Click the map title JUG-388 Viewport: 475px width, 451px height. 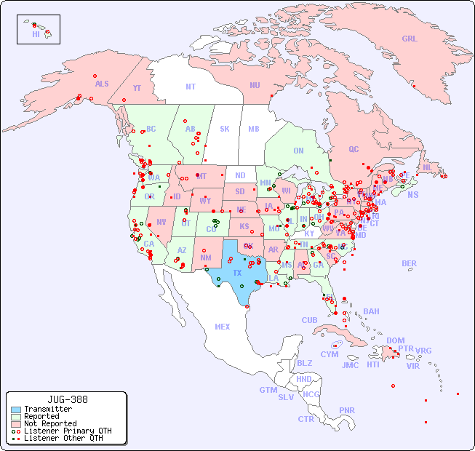67,399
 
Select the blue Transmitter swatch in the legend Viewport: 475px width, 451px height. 16,410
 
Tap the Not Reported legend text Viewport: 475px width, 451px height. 49,423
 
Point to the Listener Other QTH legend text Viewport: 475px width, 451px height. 63,438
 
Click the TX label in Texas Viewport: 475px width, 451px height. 236,273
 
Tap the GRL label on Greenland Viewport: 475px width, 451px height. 410,39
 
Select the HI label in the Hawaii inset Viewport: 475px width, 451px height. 36,34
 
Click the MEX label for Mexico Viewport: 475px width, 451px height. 222,327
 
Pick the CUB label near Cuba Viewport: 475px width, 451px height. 309,320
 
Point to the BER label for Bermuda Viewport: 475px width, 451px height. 409,263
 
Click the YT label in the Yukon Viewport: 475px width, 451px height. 137,88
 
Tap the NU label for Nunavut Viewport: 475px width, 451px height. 255,85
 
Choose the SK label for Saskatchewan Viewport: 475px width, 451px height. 225,129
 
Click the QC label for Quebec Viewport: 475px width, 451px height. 354,149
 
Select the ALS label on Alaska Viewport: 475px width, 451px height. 102,84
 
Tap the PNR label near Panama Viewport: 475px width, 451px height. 347,410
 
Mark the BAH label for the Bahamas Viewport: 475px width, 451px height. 371,311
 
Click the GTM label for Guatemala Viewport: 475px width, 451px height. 268,390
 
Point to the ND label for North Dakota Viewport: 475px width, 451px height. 240,175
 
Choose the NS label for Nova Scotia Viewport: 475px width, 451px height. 412,194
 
